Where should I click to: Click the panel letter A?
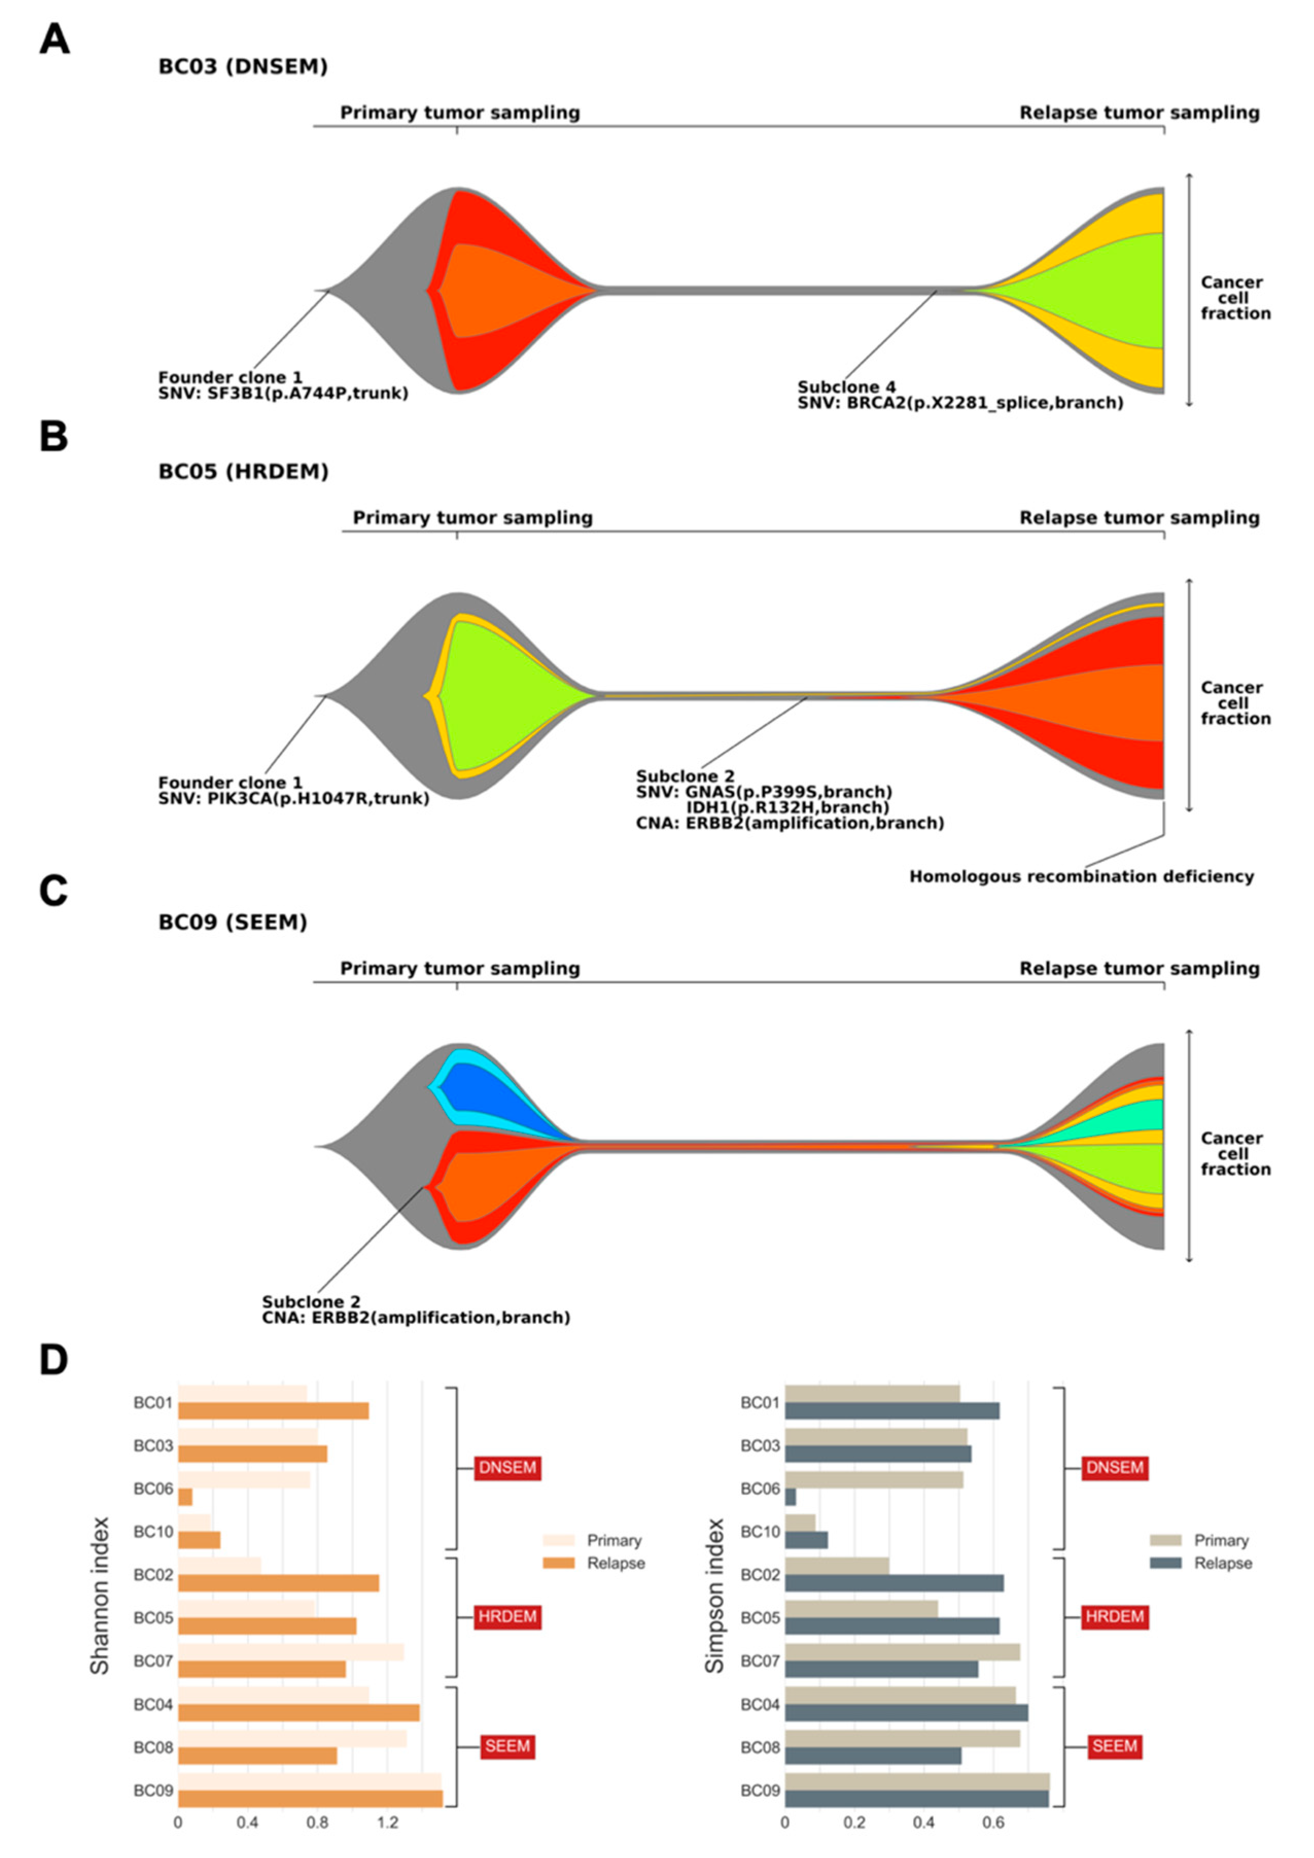(54, 39)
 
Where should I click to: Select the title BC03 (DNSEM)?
(243, 66)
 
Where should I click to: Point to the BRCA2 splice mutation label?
(960, 403)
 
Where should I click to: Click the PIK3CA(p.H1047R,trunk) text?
(293, 799)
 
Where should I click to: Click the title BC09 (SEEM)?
(232, 922)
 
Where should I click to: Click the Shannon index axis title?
(99, 1606)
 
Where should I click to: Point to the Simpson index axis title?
(714, 1606)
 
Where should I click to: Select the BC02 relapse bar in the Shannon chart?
(278, 1584)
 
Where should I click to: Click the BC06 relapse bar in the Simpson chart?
(790, 1497)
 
